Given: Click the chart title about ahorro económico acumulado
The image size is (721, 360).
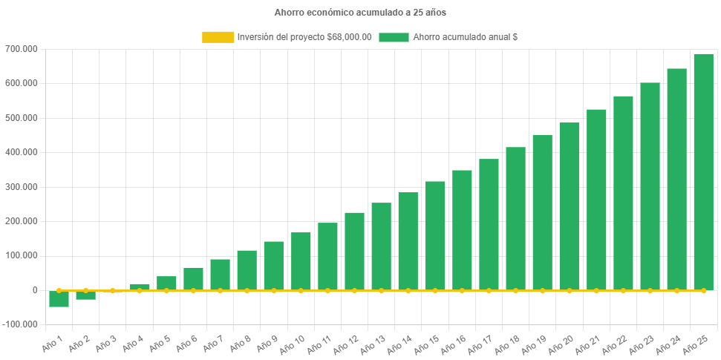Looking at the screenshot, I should pos(360,13).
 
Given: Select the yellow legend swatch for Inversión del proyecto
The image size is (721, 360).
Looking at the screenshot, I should pos(218,37).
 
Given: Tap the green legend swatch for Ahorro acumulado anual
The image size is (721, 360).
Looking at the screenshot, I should pos(394,37).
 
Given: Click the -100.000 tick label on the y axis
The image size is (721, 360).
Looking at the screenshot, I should pos(22,324).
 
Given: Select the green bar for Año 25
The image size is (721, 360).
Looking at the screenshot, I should pos(703,171).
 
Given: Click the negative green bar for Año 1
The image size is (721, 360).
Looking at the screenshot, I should pos(59,298).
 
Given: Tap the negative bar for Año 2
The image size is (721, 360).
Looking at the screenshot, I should pos(85,295).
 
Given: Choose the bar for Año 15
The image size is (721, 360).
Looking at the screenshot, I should pos(435,235).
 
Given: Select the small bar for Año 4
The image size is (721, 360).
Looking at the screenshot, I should pos(140,287).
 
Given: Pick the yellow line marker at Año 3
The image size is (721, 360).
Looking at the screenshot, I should pos(112,290).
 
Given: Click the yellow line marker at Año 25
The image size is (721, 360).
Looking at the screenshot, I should pos(703,290).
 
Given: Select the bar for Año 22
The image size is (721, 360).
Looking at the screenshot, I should pos(623,193).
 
